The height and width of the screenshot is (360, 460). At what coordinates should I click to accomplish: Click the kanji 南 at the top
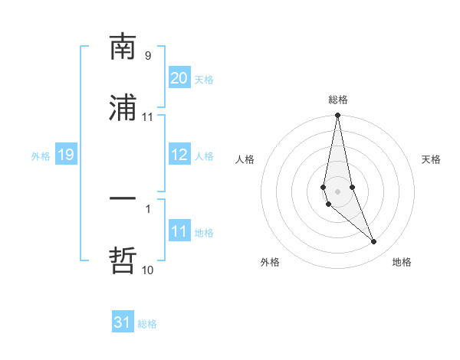point(123,47)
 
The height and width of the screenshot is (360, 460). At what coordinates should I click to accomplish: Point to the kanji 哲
point(123,260)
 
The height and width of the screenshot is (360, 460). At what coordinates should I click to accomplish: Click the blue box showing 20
point(179,78)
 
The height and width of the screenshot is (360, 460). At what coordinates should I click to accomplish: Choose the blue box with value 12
point(179,155)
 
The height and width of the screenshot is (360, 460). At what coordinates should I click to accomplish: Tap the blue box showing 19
point(65,155)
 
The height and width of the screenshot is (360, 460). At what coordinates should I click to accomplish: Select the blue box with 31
point(123,322)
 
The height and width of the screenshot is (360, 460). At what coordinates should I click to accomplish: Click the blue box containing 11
point(179,231)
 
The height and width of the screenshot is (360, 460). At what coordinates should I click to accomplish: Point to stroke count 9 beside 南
point(148,55)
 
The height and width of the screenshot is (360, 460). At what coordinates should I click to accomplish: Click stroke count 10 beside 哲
point(148,270)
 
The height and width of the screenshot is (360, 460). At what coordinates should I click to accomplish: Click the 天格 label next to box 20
point(204,79)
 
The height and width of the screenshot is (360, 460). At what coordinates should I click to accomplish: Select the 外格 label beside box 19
point(41,155)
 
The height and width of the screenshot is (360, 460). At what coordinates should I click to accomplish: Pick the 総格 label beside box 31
point(147,323)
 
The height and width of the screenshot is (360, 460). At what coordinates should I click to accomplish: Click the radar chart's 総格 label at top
point(337,100)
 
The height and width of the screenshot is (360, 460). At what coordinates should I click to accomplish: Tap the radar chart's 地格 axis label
point(402,262)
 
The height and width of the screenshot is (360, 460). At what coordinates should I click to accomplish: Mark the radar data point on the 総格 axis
point(337,116)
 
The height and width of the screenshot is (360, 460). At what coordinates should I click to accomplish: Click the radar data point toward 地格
point(374,242)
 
